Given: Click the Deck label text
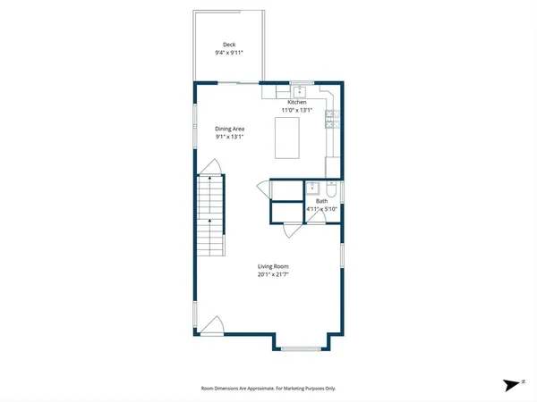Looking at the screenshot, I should [229, 44].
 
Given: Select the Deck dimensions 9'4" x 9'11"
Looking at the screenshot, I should [229, 53].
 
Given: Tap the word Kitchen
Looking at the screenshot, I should [297, 103].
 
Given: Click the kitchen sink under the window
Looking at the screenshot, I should [299, 91].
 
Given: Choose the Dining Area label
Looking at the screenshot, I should [229, 129].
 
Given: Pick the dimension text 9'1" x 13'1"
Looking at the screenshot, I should [229, 138].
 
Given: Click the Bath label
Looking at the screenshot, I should [321, 202].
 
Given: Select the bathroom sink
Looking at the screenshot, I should [313, 188].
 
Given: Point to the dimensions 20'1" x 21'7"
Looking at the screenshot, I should [272, 274].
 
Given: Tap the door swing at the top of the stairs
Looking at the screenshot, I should [209, 168].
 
